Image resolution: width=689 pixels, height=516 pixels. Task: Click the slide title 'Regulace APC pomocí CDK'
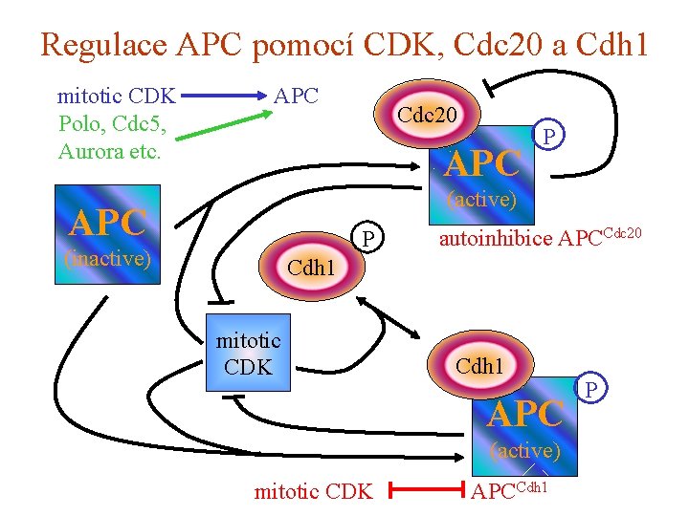pos(344,44)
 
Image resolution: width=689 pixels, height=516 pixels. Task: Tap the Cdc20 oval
pos(427,116)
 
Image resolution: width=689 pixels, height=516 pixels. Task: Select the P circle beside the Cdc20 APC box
pos(548,138)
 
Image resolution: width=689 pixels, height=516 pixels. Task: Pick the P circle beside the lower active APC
pos(590,390)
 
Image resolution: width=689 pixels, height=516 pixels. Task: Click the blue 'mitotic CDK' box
pos(249,353)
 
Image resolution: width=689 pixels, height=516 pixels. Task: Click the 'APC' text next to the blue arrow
pos(296,96)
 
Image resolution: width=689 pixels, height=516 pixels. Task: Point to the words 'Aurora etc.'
pos(109,151)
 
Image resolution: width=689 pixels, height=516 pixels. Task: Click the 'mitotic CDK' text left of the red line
pos(313,492)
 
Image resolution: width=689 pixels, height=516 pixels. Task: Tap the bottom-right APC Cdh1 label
pos(509,490)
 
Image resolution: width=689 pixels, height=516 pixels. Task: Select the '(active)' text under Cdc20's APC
pos(482,200)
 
